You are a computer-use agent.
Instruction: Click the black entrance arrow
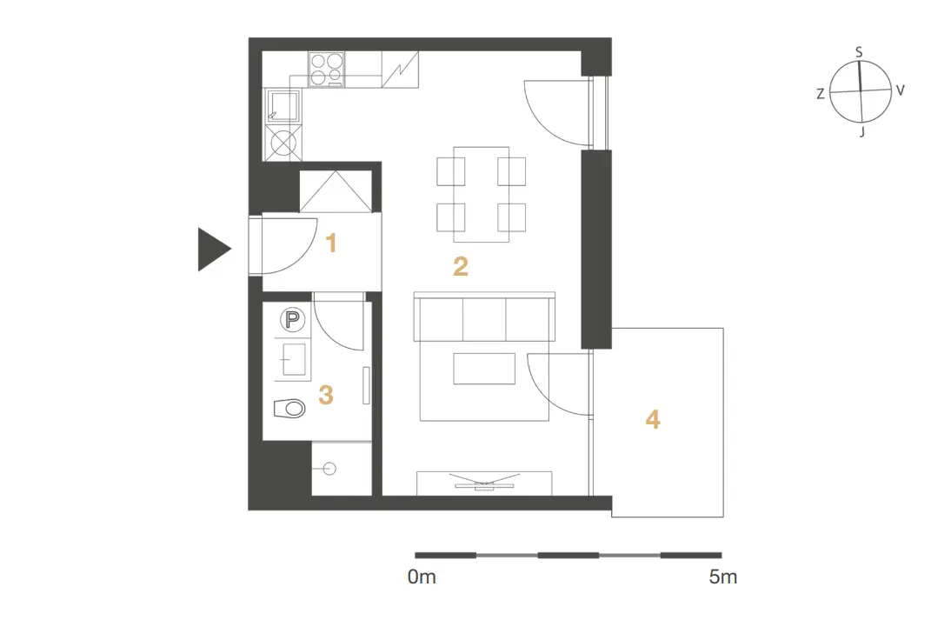point(212,249)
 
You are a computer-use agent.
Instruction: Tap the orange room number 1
point(331,243)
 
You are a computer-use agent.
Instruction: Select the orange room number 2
point(461,266)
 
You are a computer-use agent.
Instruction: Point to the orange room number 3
point(326,395)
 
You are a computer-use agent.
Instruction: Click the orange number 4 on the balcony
point(653,419)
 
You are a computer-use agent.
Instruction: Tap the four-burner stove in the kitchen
point(326,69)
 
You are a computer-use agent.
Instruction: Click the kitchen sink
point(283,105)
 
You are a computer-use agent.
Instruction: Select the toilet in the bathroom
point(289,409)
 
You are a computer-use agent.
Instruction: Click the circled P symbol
point(292,320)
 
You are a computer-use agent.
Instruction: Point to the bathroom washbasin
point(294,359)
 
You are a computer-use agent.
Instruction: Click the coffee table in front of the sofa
point(484,368)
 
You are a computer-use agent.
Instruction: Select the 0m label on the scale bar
point(422,577)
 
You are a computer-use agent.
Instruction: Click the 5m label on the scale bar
point(723,577)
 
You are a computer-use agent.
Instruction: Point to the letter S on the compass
point(859,52)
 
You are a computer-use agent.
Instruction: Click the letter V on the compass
point(900,90)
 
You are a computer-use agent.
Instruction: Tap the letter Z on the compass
point(821,93)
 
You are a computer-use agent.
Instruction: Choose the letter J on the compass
point(861,131)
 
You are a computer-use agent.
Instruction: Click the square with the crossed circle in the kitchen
point(283,143)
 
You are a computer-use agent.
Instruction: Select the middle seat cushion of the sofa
point(484,319)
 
